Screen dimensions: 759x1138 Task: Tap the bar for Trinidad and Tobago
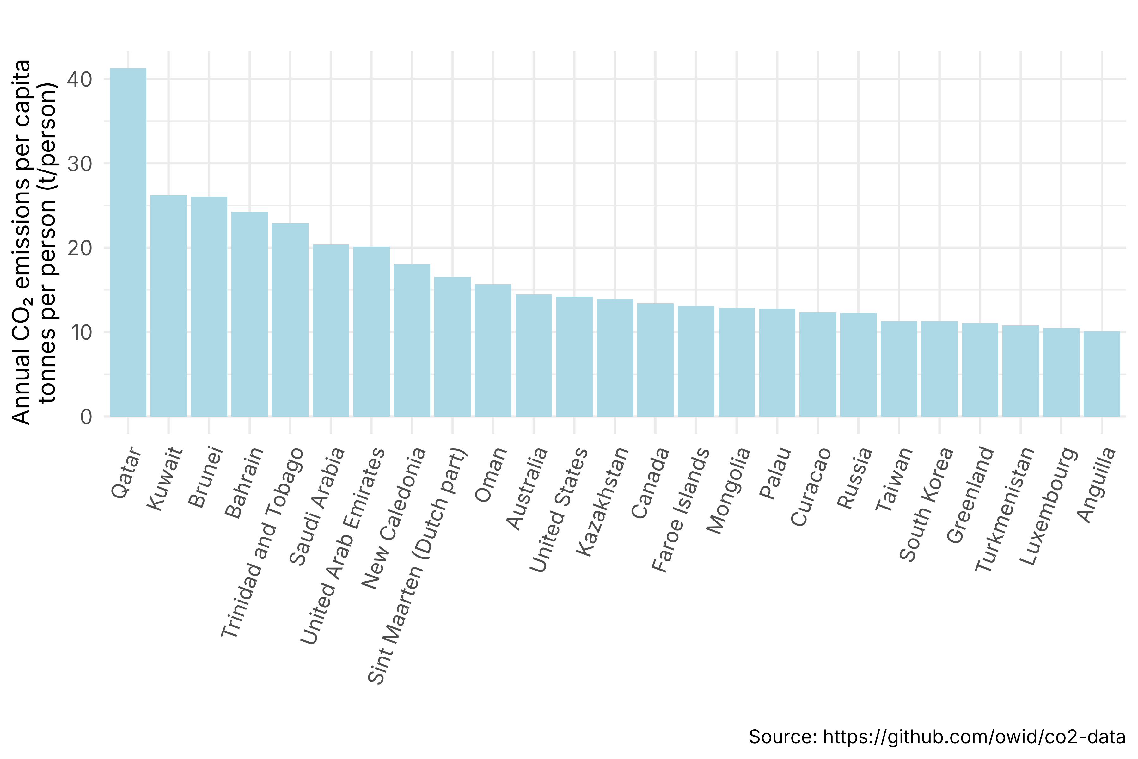point(290,319)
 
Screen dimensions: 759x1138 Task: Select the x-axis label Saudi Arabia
point(317,506)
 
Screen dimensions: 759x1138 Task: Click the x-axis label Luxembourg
point(1049,506)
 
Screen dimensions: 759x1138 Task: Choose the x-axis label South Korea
point(927,503)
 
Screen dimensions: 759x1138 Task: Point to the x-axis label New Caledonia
point(394,518)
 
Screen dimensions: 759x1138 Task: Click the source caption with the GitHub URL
point(937,737)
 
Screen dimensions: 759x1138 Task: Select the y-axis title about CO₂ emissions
point(34,242)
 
